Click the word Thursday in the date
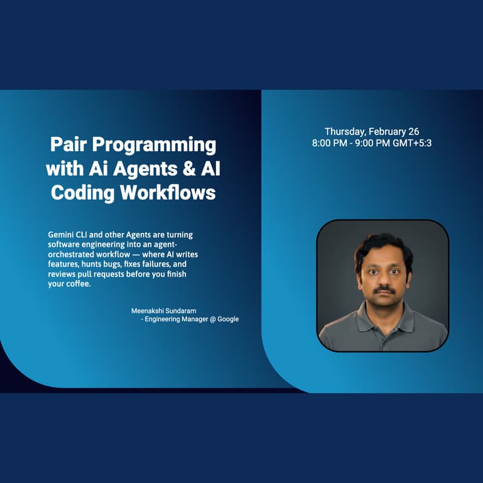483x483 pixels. (x=345, y=132)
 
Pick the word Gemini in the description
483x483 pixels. (x=61, y=234)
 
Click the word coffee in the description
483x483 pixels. (x=75, y=284)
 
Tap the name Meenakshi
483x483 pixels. (x=150, y=310)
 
